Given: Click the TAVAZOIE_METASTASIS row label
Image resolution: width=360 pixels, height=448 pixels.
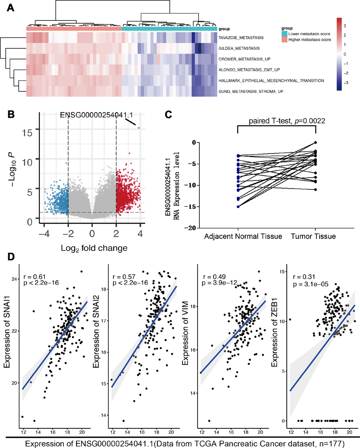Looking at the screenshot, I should [241, 38].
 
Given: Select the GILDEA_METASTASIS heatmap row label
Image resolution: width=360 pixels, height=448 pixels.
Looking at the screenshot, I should [239, 48].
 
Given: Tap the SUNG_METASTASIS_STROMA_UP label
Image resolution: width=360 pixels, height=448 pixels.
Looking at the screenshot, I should [251, 92].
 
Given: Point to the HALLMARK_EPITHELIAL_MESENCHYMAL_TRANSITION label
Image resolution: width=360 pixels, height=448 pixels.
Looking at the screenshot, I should [271, 81].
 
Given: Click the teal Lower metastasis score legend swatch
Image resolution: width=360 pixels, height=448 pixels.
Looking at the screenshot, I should [284, 34].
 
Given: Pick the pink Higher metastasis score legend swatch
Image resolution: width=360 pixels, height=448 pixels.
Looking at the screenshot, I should [284, 40].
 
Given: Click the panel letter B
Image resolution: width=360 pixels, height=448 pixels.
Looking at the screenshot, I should [11, 114].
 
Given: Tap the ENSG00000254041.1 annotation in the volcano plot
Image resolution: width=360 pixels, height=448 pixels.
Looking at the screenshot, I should [96, 115].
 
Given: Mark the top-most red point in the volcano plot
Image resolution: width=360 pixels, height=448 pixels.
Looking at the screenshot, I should [139, 128].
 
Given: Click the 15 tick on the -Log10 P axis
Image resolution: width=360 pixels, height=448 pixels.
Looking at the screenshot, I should [28, 133].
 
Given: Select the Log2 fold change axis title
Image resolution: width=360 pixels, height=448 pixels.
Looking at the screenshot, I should [94, 248].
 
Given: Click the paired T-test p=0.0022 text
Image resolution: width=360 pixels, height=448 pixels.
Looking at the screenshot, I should [287, 121].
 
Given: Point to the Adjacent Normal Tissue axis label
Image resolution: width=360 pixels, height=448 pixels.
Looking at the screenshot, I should [243, 236].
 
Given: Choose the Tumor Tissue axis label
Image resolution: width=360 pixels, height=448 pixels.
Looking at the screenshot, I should [313, 236].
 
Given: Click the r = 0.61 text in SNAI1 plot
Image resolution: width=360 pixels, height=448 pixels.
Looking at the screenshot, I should [35, 277].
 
